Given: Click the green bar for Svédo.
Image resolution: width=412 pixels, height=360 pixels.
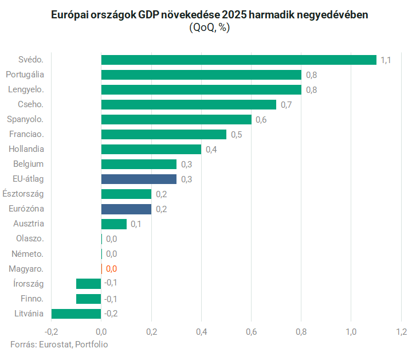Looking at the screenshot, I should click(238, 60).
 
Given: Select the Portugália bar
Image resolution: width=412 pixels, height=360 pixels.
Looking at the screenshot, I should click(201, 75).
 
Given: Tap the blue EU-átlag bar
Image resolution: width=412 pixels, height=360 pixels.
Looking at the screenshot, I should click(139, 179).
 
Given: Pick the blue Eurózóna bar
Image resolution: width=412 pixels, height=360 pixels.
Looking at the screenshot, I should click(126, 209).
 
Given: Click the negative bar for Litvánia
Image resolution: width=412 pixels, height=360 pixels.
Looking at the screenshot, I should click(76, 313).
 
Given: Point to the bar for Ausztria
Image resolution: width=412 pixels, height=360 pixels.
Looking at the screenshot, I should click(114, 224).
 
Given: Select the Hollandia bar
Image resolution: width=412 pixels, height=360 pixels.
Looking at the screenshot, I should click(151, 149).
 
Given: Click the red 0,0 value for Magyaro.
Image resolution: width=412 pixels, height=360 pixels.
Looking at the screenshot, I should click(111, 269).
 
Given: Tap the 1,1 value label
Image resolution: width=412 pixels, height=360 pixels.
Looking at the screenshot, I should click(386, 60).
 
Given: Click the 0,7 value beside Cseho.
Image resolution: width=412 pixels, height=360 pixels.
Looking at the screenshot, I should click(286, 105).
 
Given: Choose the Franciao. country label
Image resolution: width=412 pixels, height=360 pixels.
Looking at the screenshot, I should click(27, 134).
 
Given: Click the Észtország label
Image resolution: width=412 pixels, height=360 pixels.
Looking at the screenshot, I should click(23, 194).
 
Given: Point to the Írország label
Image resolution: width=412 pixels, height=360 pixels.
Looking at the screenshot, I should click(28, 283).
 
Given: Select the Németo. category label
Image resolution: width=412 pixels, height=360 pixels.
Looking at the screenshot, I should click(28, 253).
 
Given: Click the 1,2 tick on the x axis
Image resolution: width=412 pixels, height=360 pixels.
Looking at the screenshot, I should click(401, 331).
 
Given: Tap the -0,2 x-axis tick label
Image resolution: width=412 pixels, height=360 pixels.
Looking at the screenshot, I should click(51, 331).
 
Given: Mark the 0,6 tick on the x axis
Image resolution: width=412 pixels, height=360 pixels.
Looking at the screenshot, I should click(251, 331).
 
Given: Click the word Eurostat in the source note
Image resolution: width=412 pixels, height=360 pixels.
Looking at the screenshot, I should click(55, 345).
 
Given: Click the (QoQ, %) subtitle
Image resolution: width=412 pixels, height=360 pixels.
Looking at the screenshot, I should click(209, 28).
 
